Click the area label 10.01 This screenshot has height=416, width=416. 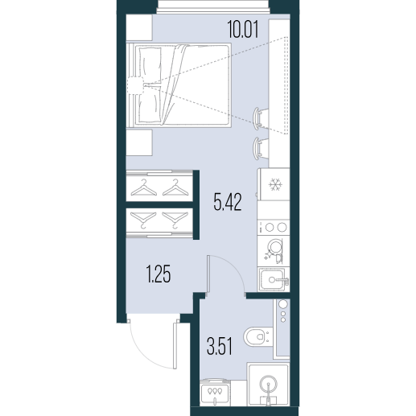(243, 30)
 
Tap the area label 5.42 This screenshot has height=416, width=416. (228, 202)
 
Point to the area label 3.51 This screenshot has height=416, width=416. (219, 346)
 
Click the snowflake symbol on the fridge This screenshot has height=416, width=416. (274, 185)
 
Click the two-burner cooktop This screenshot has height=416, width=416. (274, 227)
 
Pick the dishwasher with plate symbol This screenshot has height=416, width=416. (274, 251)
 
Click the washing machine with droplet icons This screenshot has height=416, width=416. (215, 392)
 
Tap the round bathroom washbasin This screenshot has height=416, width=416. (269, 385)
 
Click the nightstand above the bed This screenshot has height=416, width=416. (139, 27)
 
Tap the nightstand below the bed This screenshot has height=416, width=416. (139, 142)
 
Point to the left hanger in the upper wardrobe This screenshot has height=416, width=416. (143, 187)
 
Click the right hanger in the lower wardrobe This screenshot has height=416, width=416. (175, 220)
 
